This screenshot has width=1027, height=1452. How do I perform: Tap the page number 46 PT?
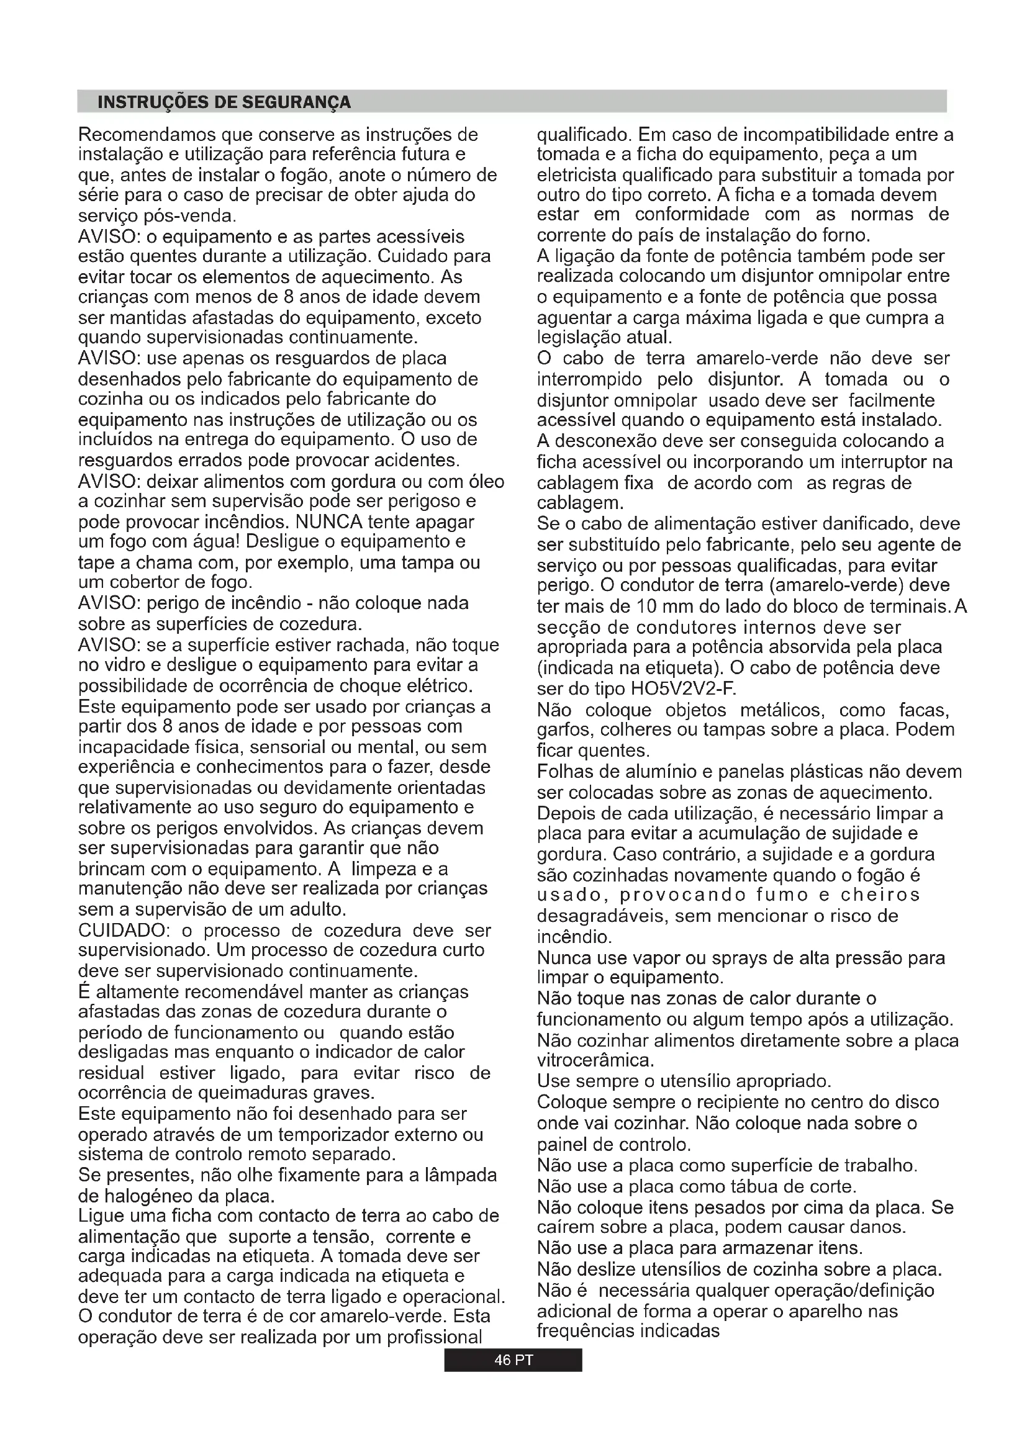click(x=513, y=1360)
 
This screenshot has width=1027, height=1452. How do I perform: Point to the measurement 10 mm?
click(x=658, y=607)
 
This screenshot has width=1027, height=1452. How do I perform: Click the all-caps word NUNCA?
click(x=329, y=522)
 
